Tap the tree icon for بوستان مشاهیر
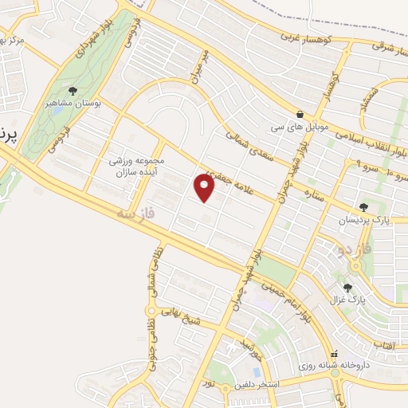click(x=74, y=92)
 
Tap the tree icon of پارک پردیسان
click(x=364, y=207)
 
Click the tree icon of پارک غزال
click(x=347, y=288)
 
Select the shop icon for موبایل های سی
click(x=300, y=115)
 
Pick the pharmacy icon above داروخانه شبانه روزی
click(x=334, y=353)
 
